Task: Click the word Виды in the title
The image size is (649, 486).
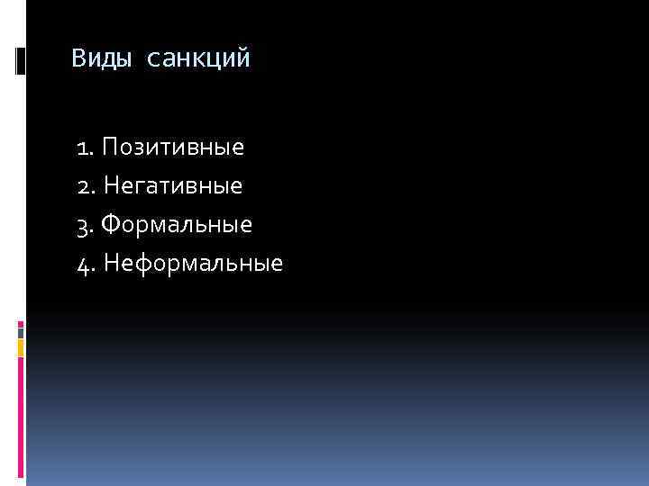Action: click(101, 59)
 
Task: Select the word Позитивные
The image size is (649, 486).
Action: click(172, 147)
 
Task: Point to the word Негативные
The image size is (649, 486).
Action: click(173, 186)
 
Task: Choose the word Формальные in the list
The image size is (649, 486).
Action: click(177, 225)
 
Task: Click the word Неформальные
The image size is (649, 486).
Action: click(193, 264)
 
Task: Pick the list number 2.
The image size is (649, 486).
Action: click(84, 187)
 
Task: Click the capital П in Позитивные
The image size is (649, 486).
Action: click(110, 147)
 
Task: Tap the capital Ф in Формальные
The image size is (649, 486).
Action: click(112, 225)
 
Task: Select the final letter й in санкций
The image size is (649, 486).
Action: click(244, 60)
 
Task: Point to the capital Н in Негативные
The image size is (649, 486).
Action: click(111, 186)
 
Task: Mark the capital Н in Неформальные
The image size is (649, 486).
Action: click(111, 264)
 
